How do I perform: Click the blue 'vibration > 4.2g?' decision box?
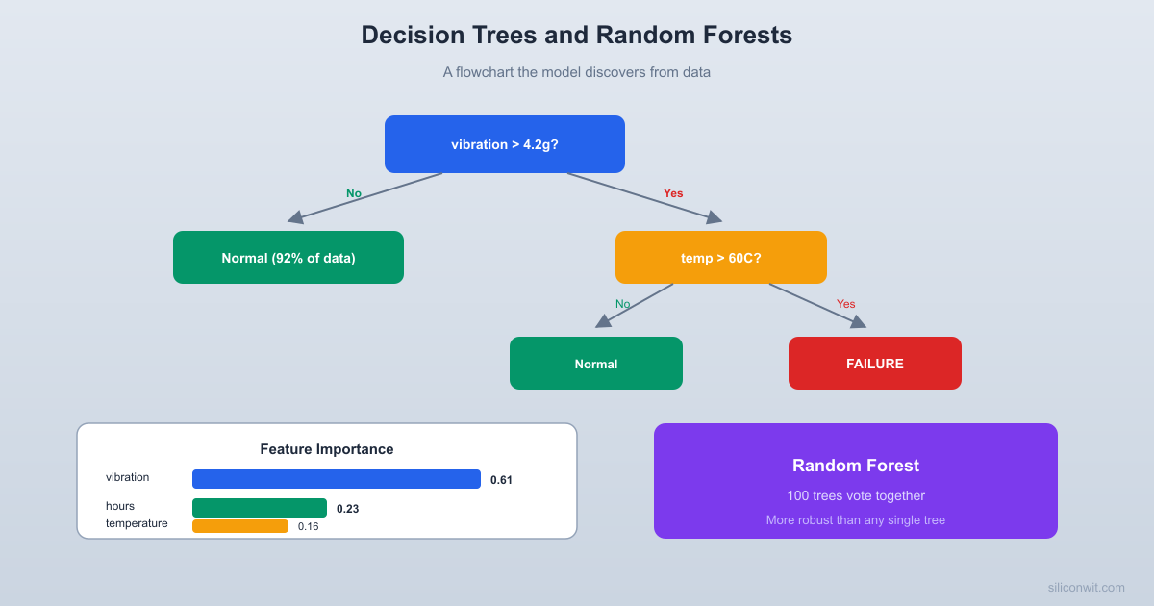coord(504,144)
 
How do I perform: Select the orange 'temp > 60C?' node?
coord(720,257)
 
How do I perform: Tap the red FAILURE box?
coord(874,364)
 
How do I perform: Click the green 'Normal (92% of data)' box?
coord(288,257)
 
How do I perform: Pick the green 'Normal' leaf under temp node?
coord(595,364)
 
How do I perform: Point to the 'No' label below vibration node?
coord(354,193)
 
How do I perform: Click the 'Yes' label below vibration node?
coord(673,193)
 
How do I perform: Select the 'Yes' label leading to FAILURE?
coord(845,304)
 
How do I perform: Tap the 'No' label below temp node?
coord(622,304)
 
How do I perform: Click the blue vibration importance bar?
coord(336,479)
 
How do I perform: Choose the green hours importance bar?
coord(259,508)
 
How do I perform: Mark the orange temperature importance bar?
coord(239,526)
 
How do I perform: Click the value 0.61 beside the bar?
coord(501,480)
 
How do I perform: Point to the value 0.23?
coord(347,509)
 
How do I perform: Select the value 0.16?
coord(308,526)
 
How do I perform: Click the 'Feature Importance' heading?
coord(326,449)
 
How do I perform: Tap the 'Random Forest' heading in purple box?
coord(855,466)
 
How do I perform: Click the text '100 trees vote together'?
coord(855,496)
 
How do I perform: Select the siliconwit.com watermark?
coord(1086,587)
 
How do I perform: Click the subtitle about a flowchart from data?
coord(576,72)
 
